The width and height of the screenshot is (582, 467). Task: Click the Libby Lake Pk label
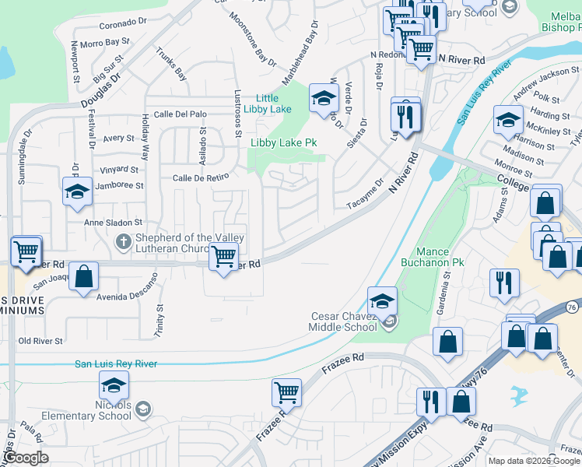282,143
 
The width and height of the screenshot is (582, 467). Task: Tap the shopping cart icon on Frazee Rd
287,393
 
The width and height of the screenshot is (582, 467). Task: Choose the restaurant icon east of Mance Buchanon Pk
505,283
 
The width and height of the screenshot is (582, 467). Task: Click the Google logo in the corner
26,458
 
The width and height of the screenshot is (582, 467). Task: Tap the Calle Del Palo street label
180,114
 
